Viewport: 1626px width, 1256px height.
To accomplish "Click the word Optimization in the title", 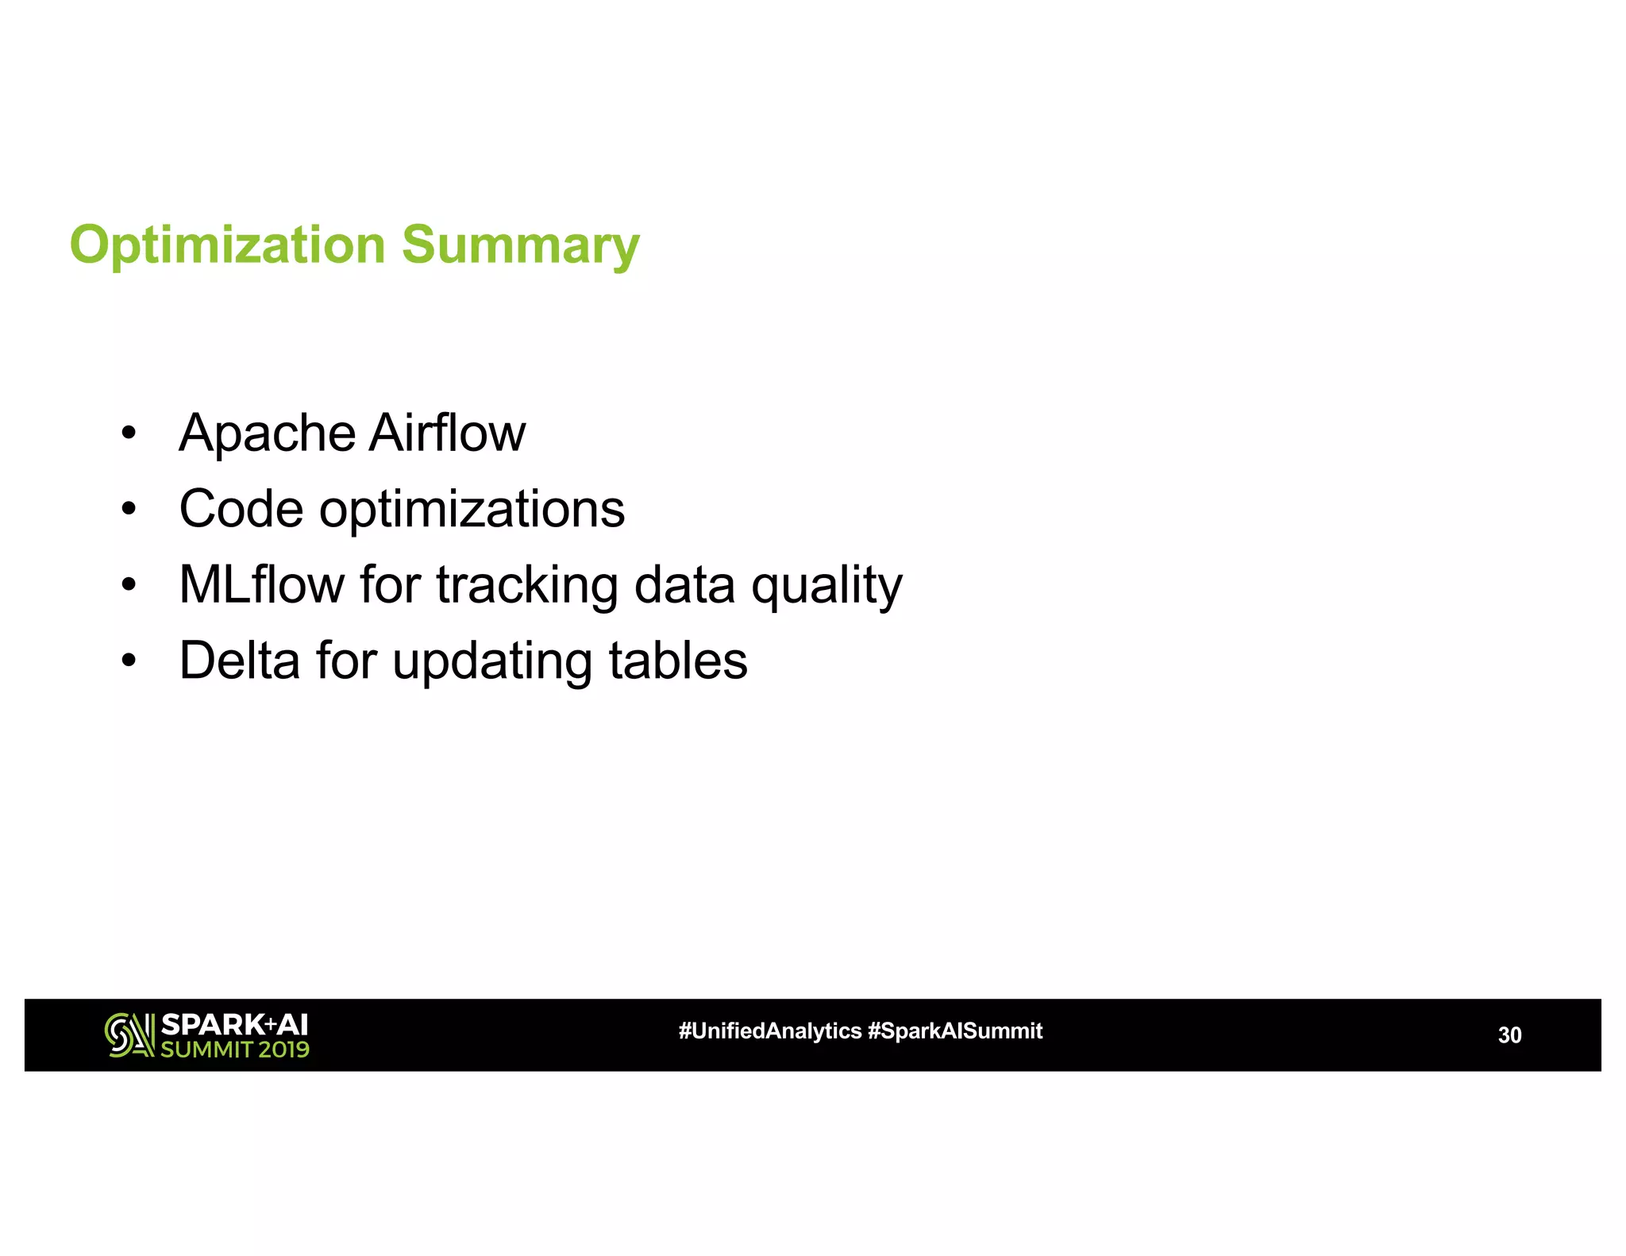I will tap(227, 245).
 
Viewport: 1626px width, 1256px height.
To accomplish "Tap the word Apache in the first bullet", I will tap(267, 433).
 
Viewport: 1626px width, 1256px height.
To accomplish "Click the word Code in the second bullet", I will tap(241, 509).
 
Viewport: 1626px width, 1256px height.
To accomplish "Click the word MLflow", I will tap(261, 585).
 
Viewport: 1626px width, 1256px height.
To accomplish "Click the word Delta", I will tap(239, 661).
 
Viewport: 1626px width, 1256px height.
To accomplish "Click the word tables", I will tap(677, 661).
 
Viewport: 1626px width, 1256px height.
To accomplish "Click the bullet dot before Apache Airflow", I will tap(129, 434).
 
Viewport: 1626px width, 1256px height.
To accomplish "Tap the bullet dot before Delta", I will tap(129, 661).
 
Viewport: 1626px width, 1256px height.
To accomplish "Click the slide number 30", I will tap(1508, 1034).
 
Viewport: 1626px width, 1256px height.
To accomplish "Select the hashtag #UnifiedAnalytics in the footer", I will tap(769, 1031).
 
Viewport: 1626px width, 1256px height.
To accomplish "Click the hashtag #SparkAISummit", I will tap(954, 1031).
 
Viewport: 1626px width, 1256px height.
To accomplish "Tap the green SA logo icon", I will tap(129, 1034).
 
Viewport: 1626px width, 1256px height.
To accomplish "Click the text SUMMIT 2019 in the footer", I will tap(234, 1050).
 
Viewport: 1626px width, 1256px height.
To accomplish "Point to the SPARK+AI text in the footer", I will tap(234, 1024).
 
